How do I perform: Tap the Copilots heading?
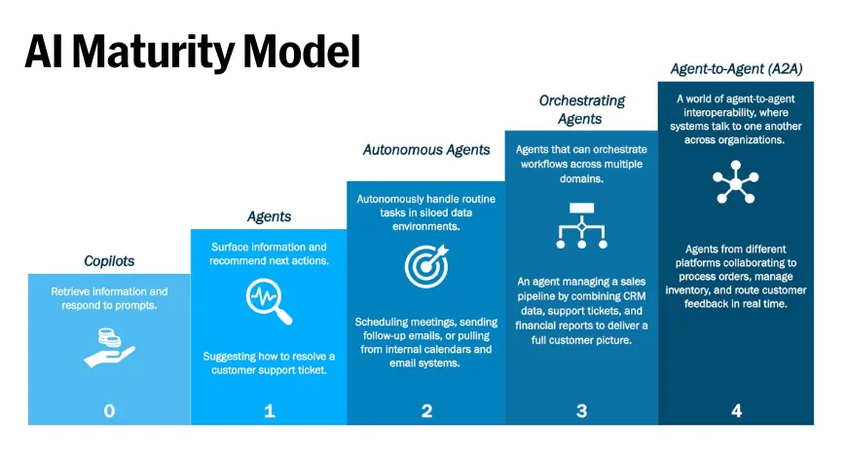[108, 261]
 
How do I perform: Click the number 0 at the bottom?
[109, 410]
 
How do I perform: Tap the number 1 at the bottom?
[270, 410]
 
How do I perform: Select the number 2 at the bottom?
[426, 410]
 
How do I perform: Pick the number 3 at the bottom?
[581, 410]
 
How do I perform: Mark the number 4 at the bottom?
[736, 410]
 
